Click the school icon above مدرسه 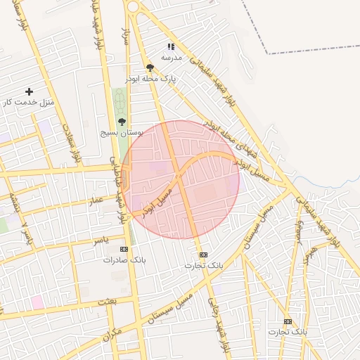169,46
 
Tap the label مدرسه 171,57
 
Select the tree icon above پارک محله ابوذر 150,67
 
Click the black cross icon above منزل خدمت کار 29,91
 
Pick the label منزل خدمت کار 28,103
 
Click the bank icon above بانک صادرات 124,249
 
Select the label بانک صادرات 124,259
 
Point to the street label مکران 112,335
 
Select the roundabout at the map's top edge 132,6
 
